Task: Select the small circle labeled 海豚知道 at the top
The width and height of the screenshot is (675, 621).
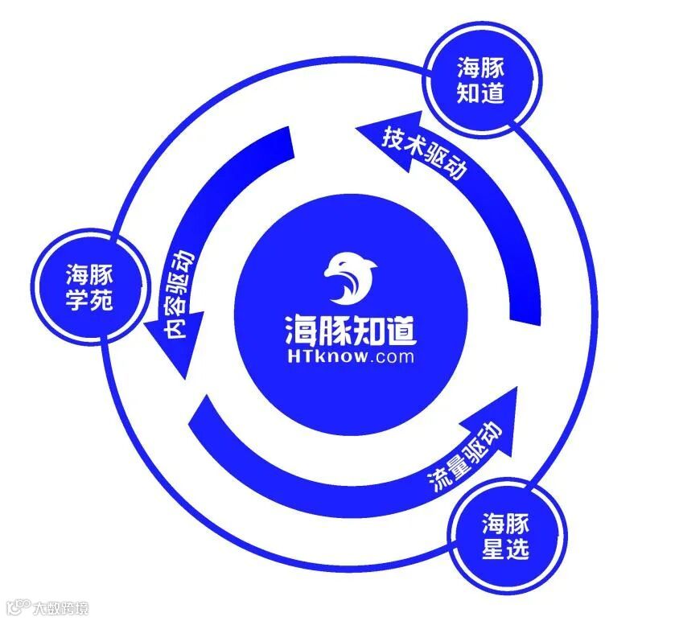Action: (x=480, y=80)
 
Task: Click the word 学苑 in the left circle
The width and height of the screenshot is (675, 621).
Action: (x=89, y=303)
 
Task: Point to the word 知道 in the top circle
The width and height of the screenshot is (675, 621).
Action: (x=480, y=93)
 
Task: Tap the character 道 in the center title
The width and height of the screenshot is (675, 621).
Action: (x=399, y=330)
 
